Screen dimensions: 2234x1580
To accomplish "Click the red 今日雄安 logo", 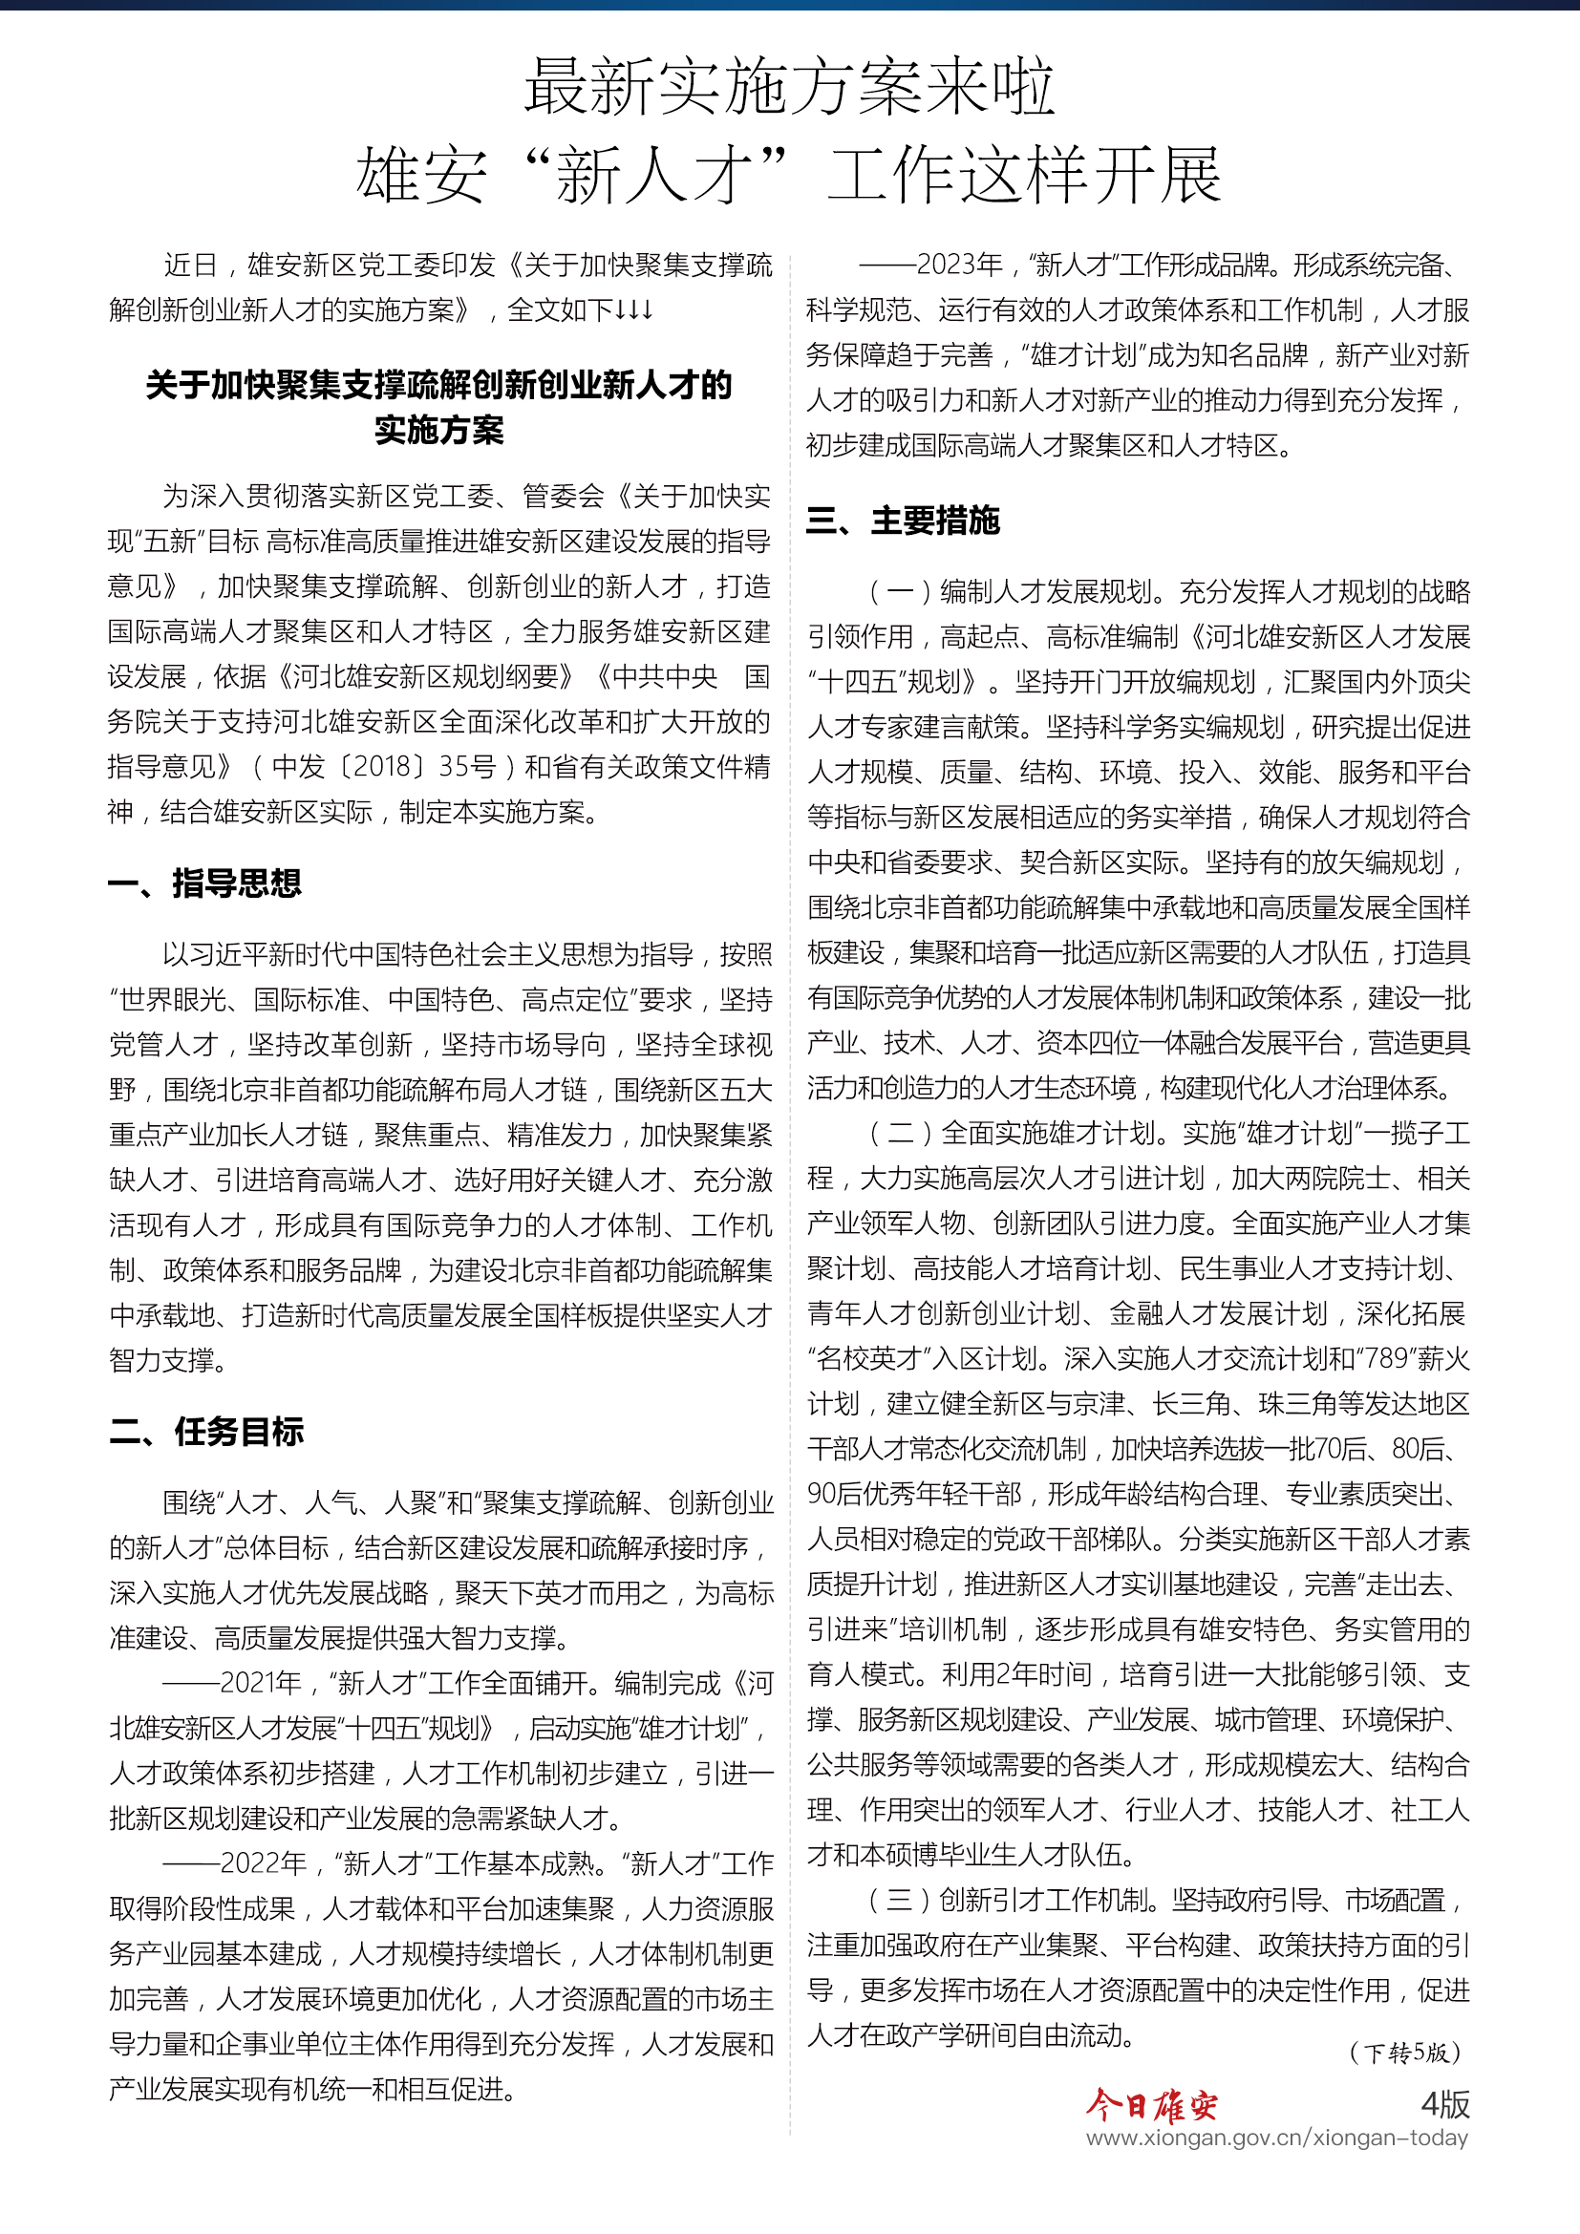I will coord(1151,2106).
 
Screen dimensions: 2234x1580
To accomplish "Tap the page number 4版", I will coord(1443,2105).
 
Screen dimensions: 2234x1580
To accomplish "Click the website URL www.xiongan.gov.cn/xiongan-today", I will coord(1276,2138).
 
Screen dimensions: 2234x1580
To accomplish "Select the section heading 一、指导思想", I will coord(205,883).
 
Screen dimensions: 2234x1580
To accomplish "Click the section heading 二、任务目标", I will coord(206,1433).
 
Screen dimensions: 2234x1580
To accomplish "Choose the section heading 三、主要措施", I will coord(903,521).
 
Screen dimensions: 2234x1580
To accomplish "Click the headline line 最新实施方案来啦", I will coord(789,88).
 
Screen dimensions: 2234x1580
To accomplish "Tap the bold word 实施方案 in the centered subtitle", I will coord(438,431).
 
